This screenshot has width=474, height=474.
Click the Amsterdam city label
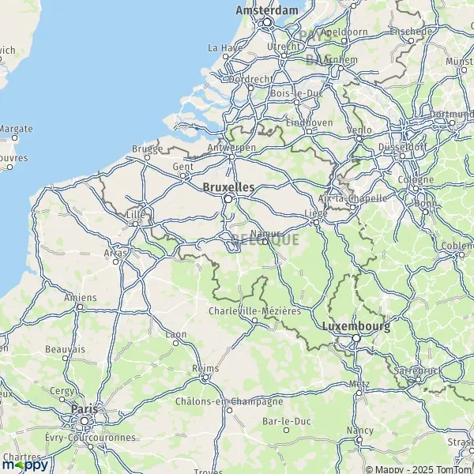point(267,10)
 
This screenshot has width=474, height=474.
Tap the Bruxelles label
point(228,188)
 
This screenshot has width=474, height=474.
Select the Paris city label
point(84,408)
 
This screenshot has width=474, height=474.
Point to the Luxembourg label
point(355,325)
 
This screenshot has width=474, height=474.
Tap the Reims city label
point(205,369)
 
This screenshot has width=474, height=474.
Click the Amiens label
point(81,297)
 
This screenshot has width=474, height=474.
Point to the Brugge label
point(147,149)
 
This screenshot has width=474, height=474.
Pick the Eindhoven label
point(309,122)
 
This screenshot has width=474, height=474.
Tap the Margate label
point(15,128)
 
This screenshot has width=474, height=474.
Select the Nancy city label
point(359,431)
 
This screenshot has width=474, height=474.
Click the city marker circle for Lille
point(136,224)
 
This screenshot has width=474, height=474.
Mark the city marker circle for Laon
point(179,344)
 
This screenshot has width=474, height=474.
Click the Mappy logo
point(24,465)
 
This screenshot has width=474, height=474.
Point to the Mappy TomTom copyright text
point(418,467)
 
